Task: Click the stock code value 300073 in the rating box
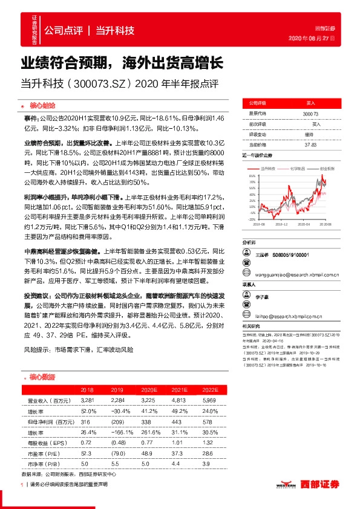[x=309, y=114]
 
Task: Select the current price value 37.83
[x=310, y=144]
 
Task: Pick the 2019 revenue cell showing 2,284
[x=116, y=401]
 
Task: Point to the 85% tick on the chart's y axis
[x=251, y=176]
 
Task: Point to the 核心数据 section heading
[x=43, y=377]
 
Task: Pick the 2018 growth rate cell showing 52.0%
[x=87, y=411]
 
